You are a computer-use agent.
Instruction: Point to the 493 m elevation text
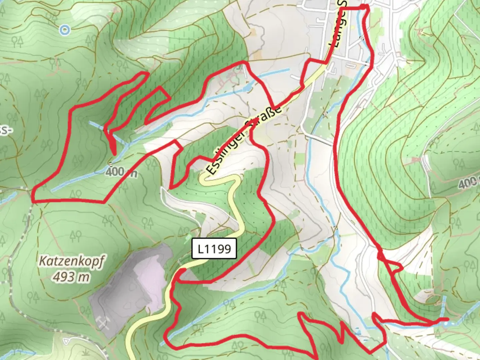pyautogui.click(x=71, y=276)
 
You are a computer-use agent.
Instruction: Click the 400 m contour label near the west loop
pyautogui.click(x=121, y=172)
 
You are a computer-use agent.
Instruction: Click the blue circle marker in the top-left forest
pyautogui.click(x=65, y=30)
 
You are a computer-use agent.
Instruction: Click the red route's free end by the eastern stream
pyautogui.click(x=447, y=319)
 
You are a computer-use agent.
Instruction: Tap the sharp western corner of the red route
pyautogui.click(x=34, y=197)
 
